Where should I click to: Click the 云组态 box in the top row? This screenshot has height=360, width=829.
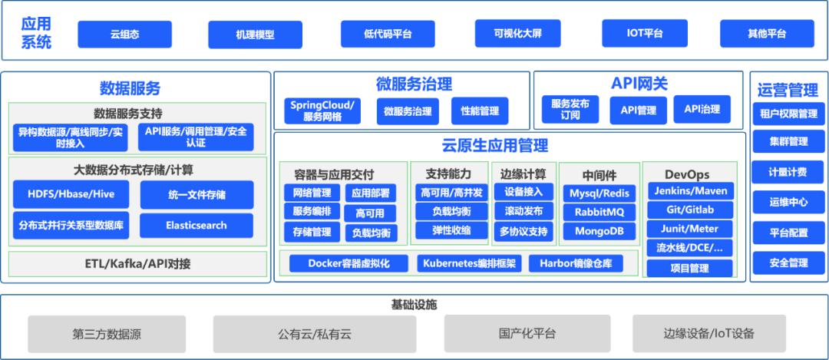pos(124,34)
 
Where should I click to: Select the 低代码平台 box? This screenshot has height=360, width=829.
pos(388,34)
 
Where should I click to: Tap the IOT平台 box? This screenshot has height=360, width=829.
pos(643,34)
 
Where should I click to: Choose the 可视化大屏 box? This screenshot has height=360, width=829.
pos(518,34)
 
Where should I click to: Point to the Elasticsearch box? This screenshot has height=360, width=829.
pos(197,226)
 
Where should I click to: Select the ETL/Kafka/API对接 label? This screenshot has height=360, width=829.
pos(138,264)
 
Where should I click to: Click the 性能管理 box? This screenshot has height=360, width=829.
pos(480,111)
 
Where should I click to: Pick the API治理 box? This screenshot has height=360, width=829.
pos(702,109)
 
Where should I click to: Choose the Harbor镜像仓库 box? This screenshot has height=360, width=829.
pos(576,263)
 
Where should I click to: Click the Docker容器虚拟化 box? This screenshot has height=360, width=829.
pos(348,263)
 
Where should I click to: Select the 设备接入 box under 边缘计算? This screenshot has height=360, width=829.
pos(523,192)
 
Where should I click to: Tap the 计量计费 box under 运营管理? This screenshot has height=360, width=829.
pos(788,172)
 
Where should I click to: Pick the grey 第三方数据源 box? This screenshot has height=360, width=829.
pos(107,334)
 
